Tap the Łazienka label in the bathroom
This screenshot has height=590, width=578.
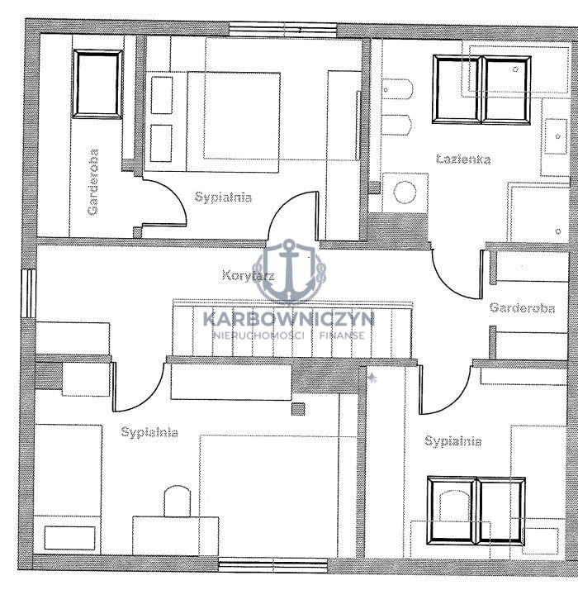(x=463, y=159)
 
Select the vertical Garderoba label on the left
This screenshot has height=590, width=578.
(x=92, y=182)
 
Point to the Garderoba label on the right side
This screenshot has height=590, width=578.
(x=522, y=308)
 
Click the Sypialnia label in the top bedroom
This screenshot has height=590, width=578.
(x=223, y=197)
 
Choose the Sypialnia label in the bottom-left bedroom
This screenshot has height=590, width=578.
(x=149, y=432)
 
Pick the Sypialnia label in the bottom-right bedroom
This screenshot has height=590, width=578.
(x=452, y=440)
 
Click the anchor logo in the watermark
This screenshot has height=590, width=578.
(x=289, y=271)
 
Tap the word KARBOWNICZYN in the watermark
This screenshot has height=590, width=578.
(x=289, y=319)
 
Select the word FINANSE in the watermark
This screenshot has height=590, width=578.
(x=342, y=335)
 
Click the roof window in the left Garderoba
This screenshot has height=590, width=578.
(x=97, y=84)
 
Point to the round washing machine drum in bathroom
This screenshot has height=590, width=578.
(x=405, y=193)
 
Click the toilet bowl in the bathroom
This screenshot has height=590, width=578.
(x=397, y=89)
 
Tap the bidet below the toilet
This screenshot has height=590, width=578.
(x=397, y=125)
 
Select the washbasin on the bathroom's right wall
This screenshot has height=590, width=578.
(x=556, y=136)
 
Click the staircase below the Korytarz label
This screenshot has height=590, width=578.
(x=292, y=329)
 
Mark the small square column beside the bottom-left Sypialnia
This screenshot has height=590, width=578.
(x=298, y=409)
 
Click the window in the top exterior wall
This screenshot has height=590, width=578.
(x=282, y=30)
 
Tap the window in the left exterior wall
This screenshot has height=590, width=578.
(x=29, y=293)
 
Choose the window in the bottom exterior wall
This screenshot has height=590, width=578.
(x=273, y=565)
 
